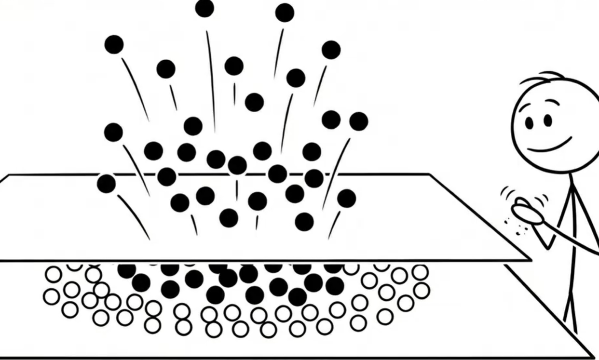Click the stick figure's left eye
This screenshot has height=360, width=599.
pos(529,122)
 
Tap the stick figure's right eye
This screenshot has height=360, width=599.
pos(547,120)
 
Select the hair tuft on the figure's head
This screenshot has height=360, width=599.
pos(543,78)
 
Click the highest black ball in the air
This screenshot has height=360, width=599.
pos(204,8)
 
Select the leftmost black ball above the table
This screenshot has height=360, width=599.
pos(106,184)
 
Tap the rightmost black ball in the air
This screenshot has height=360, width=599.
pos(358,121)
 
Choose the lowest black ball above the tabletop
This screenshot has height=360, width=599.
pos(304,222)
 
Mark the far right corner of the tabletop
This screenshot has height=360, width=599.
pos(429,174)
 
